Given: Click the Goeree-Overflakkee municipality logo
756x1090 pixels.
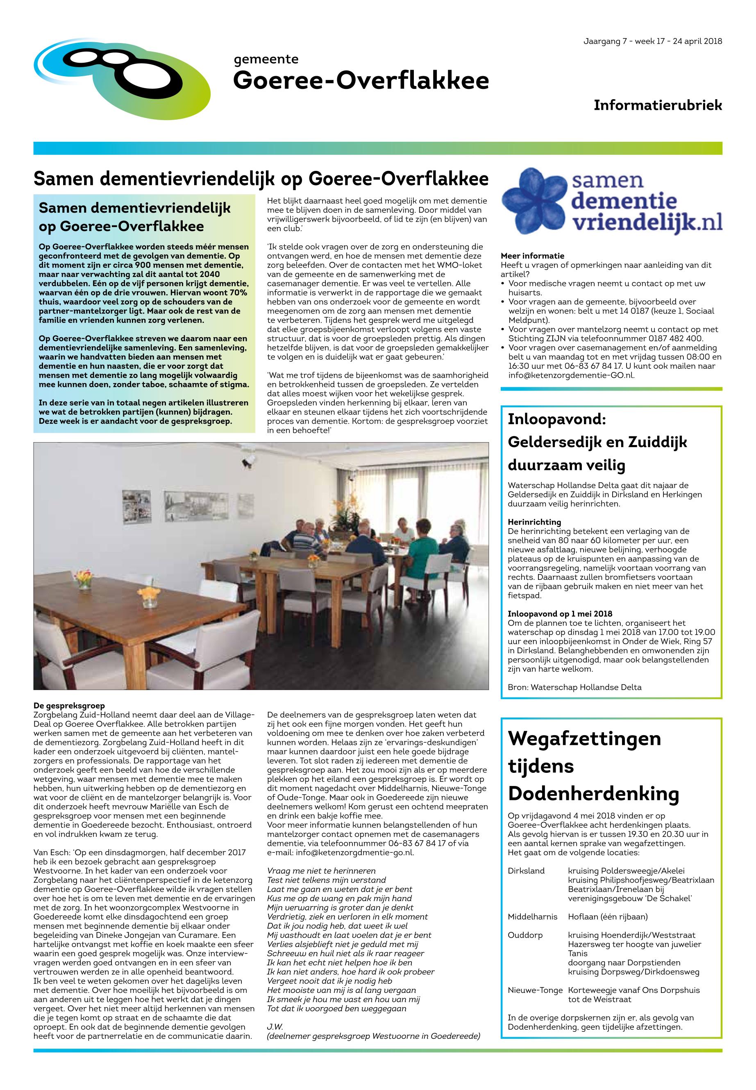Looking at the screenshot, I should (122, 79).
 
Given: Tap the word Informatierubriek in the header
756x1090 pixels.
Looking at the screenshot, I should (658, 105).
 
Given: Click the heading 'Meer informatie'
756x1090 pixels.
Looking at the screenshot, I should (532, 256).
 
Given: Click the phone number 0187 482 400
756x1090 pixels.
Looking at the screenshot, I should (678, 338).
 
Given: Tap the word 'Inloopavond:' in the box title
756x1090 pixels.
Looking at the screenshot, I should (556, 419).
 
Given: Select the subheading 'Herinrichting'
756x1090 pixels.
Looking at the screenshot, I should (534, 522).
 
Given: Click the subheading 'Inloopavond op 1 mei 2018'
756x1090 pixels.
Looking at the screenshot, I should (560, 614).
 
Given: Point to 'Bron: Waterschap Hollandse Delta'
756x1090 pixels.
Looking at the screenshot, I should (574, 687).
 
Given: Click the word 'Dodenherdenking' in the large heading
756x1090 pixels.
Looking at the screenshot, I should (593, 793).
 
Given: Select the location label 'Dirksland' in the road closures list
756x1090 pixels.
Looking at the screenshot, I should (526, 871).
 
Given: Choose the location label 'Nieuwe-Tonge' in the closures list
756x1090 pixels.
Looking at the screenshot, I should (535, 990).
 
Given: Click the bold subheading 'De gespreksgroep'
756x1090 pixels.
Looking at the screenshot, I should (69, 706).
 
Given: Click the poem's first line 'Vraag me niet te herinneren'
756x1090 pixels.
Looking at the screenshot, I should (321, 871).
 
